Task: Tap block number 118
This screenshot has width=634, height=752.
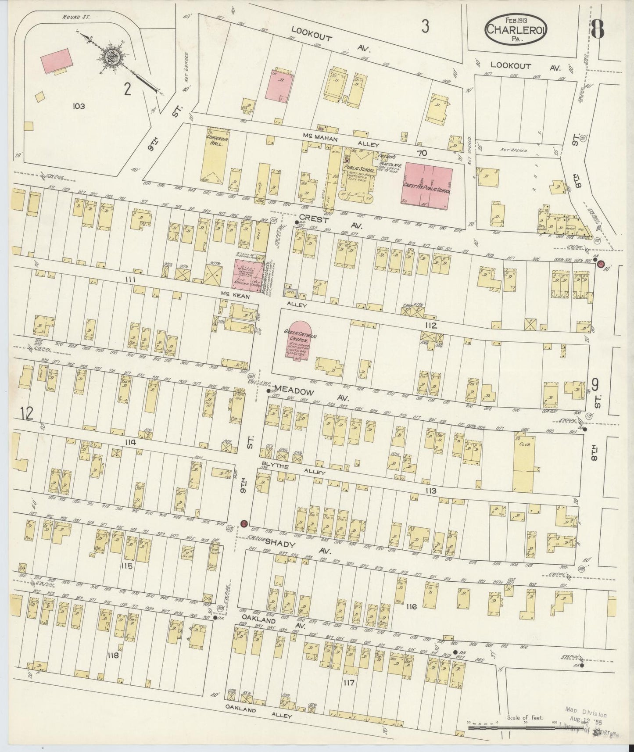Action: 113,655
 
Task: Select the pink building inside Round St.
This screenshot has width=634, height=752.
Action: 57,61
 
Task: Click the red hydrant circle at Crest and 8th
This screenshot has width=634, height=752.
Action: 601,264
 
